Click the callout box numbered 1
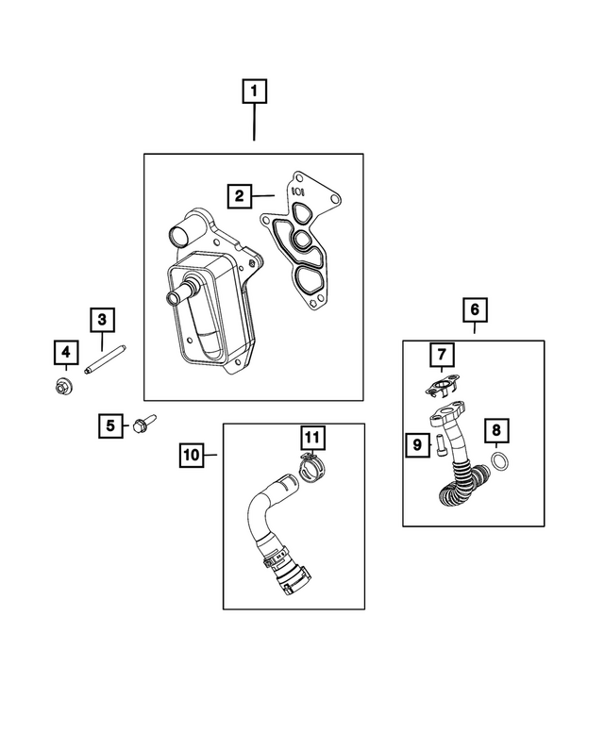coord(254,92)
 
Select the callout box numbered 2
coord(241,196)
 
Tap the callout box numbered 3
coord(102,320)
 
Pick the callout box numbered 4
coord(65,354)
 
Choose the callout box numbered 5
coord(110,426)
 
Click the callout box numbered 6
coord(475,308)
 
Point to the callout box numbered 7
coord(441,355)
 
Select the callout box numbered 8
coord(497,431)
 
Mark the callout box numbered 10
coord(192,455)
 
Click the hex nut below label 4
coord(65,385)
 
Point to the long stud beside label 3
coord(106,362)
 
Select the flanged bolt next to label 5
coord(144,425)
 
